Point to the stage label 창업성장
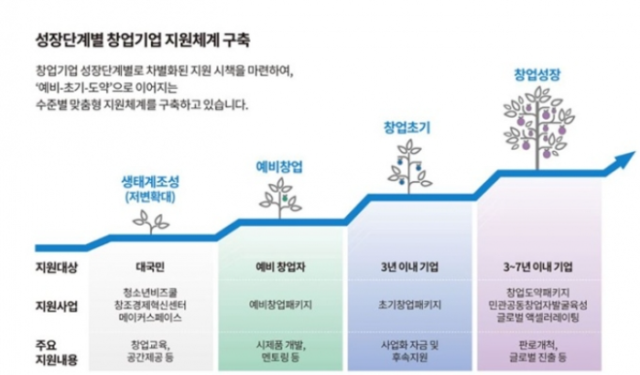[x=537, y=73]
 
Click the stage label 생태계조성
[x=151, y=180]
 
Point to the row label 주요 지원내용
[x=55, y=351]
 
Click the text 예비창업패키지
[x=281, y=303]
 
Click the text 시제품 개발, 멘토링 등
[x=281, y=351]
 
